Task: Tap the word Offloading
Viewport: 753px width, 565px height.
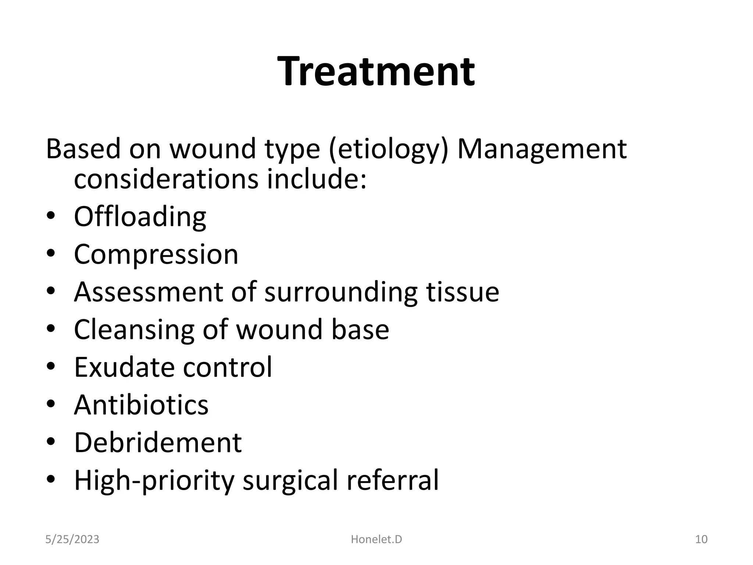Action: (x=140, y=217)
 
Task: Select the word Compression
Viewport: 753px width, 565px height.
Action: (x=156, y=254)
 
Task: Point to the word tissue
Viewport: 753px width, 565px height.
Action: (x=463, y=292)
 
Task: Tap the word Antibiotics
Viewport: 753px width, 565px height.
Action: (x=141, y=405)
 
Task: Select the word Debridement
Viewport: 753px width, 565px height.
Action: (x=158, y=442)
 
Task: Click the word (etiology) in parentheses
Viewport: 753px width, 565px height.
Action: (x=388, y=149)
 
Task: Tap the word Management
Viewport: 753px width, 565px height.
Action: (x=542, y=149)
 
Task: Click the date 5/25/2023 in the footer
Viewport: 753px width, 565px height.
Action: (x=72, y=539)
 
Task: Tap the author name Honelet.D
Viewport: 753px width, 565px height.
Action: (x=376, y=539)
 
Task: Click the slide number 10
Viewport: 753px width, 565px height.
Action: (x=701, y=539)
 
